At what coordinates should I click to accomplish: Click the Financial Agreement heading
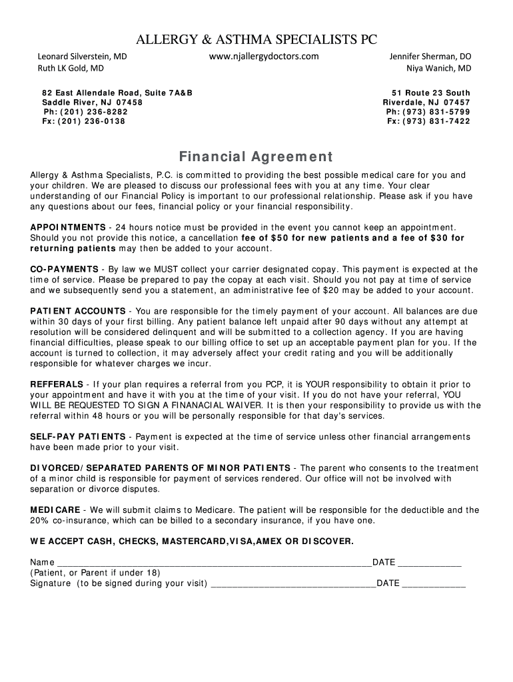[x=256, y=157]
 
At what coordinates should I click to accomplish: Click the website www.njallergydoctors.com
[x=263, y=56]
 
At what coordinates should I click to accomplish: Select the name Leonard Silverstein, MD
[x=81, y=57]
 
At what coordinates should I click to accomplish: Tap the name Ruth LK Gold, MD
[x=70, y=68]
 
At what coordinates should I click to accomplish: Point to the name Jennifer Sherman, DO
[x=430, y=57]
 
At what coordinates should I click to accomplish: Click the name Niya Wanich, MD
[x=438, y=68]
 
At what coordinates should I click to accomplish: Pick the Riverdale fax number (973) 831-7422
[x=436, y=121]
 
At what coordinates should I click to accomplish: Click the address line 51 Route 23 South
[x=430, y=93]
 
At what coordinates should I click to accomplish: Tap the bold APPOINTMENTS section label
[x=67, y=228]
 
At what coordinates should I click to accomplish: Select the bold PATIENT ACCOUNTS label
[x=78, y=311]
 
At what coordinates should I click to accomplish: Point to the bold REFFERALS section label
[x=57, y=384]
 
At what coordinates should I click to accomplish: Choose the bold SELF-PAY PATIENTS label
[x=78, y=437]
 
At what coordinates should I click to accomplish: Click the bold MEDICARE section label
[x=55, y=510]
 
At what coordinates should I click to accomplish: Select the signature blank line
[x=293, y=584]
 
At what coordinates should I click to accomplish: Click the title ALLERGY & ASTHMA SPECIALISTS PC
[x=256, y=39]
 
